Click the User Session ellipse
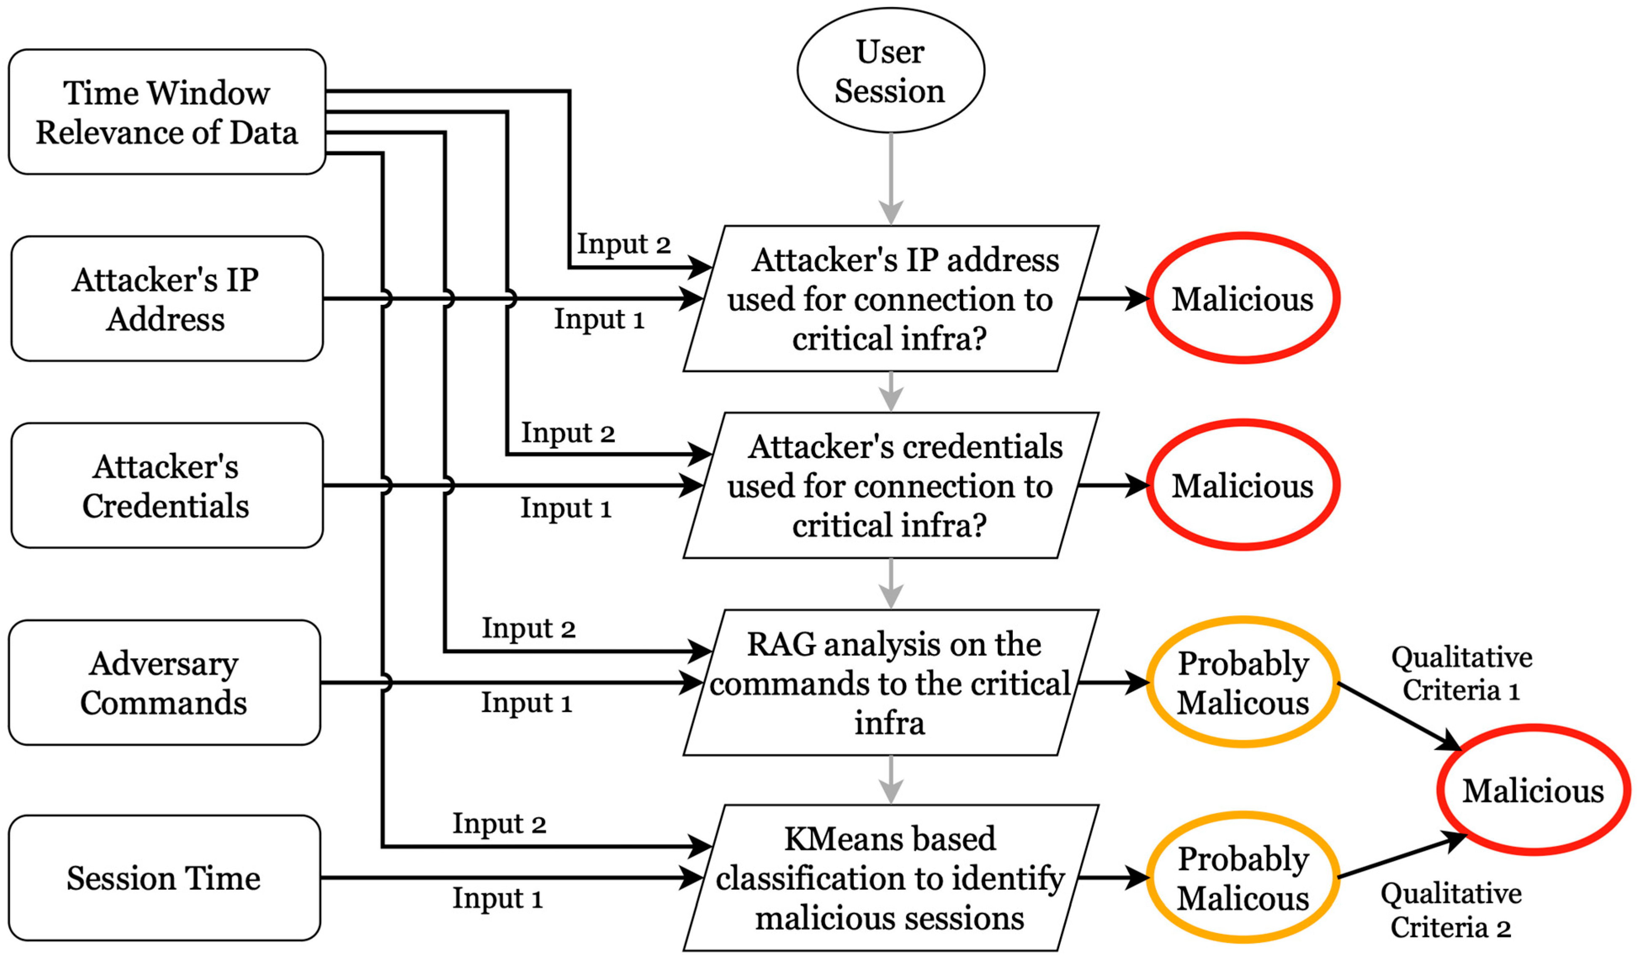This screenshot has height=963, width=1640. pyautogui.click(x=890, y=70)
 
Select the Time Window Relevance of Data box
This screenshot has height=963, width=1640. pyautogui.click(x=167, y=112)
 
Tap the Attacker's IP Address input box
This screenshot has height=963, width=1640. pyautogui.click(x=167, y=299)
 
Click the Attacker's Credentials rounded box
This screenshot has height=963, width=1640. pyautogui.click(x=167, y=485)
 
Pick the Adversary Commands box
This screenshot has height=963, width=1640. pyautogui.click(x=164, y=683)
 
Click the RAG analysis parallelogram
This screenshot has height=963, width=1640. pyautogui.click(x=890, y=683)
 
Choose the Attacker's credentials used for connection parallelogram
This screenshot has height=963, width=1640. pyautogui.click(x=890, y=485)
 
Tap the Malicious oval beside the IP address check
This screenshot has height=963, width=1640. pyautogui.click(x=1243, y=299)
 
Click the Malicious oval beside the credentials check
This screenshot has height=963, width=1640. pyautogui.click(x=1243, y=485)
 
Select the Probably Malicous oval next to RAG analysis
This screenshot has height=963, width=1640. pyautogui.click(x=1243, y=683)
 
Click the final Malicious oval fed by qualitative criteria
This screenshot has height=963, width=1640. pyautogui.click(x=1533, y=791)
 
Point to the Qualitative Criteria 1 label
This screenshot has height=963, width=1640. pyautogui.click(x=1461, y=673)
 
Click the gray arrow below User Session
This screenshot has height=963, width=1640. pyautogui.click(x=890, y=179)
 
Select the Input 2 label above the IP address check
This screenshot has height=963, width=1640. pyautogui.click(x=623, y=244)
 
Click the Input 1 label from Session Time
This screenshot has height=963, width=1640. pyautogui.click(x=498, y=899)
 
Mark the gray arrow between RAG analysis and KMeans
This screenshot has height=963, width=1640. pyautogui.click(x=890, y=780)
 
